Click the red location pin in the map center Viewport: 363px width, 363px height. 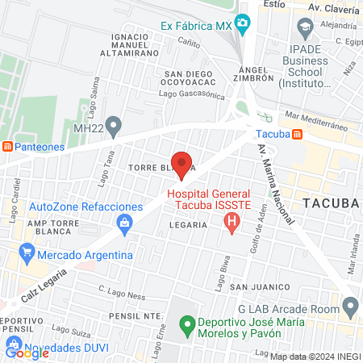(x=181, y=163)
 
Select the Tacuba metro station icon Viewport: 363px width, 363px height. (x=298, y=134)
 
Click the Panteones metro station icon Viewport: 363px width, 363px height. (x=7, y=147)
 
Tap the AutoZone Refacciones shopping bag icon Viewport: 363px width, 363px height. (x=123, y=221)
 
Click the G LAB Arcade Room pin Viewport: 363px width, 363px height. (x=350, y=307)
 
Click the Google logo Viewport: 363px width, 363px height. (x=27, y=353)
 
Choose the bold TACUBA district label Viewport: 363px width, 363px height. (x=329, y=202)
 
